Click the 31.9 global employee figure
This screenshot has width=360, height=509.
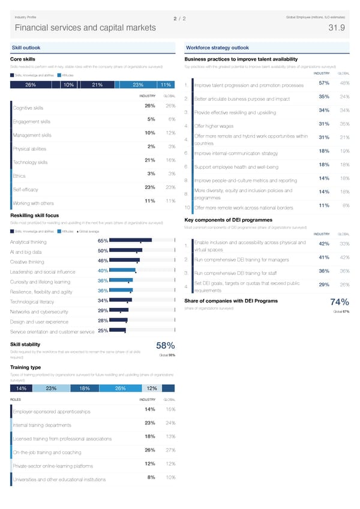337,28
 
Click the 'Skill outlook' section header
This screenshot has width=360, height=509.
25,48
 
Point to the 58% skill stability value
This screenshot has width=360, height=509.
165,345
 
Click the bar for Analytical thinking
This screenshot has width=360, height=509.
131,241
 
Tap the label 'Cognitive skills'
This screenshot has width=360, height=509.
29,108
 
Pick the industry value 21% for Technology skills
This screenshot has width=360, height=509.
151,160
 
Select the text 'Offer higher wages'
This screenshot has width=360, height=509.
214,126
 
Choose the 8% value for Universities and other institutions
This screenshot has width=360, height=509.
151,477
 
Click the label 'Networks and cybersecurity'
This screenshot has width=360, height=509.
38,312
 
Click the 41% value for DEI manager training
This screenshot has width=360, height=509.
323,258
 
